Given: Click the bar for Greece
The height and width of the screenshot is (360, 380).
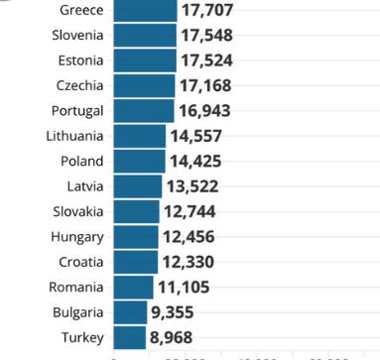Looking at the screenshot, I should tap(145, 10).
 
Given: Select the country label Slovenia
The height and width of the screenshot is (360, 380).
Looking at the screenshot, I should tap(77, 35).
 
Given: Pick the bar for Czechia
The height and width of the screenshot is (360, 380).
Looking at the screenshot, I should tap(144, 85).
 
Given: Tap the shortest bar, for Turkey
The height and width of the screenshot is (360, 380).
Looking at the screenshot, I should tap(130, 337).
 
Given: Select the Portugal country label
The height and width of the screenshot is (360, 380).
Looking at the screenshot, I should tap(76, 110).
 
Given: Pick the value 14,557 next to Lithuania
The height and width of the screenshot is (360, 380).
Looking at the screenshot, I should tap(196, 136).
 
